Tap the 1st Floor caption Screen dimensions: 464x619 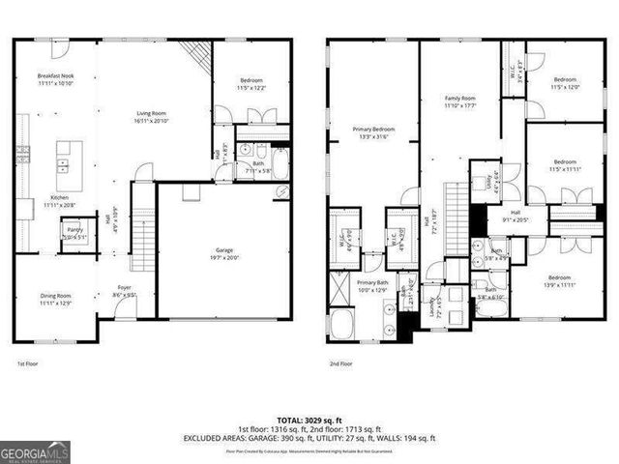point(27,363)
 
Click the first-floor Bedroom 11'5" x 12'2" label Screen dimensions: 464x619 point(250,84)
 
